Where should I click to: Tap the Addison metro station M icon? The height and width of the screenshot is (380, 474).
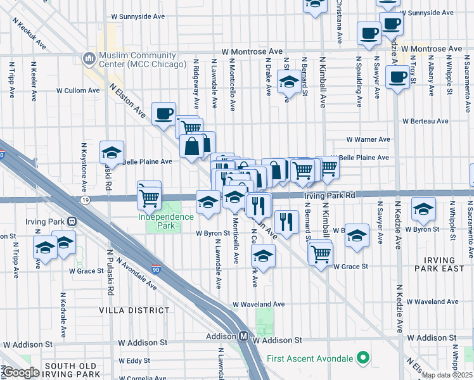point(243,337)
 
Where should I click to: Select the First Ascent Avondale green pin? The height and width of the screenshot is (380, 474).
point(362,358)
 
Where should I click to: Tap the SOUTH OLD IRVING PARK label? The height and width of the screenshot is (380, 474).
point(70,370)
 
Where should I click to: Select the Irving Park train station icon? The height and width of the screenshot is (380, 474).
point(72,222)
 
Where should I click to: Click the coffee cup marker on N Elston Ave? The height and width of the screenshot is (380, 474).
point(163,113)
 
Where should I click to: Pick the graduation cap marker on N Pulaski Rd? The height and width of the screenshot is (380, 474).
point(112,153)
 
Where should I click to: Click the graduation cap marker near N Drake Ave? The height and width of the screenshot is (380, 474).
point(289,82)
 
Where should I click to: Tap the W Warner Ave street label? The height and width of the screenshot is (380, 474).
point(368,139)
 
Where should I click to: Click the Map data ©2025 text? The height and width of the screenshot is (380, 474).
point(447,375)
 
